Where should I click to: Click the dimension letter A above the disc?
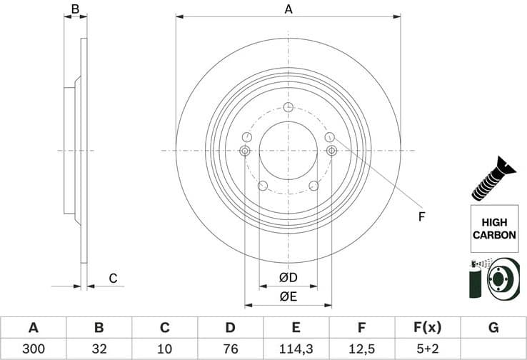coord(288,9)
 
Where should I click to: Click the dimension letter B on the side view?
coord(74,9)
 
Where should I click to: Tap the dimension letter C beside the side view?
coord(112,278)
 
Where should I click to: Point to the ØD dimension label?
coord(288,277)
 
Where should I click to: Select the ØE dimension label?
coord(288,296)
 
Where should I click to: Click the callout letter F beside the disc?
coord(421,216)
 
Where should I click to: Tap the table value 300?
coord(33,349)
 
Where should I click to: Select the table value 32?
coord(99,349)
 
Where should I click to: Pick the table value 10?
coord(164,349)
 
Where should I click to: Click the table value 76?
coord(230,349)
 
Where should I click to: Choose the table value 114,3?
coord(296,349)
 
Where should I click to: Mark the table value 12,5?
coord(361,349)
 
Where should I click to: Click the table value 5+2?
coord(428,349)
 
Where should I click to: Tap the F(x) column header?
coord(428,328)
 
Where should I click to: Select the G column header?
coord(493,328)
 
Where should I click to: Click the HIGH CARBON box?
coord(493,228)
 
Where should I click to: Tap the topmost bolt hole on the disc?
coord(288,107)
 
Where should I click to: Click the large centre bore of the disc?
coord(288,150)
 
